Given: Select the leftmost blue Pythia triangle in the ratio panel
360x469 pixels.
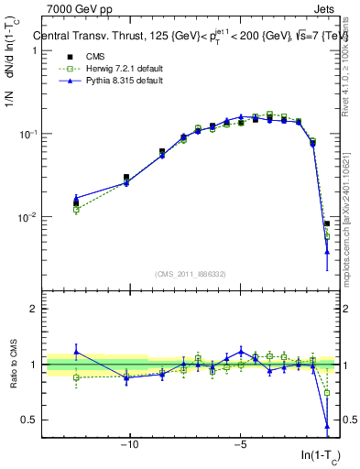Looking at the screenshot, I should (x=76, y=352).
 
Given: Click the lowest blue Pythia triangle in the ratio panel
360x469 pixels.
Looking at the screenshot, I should (x=327, y=426).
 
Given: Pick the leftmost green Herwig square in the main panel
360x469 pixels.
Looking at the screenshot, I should (x=76, y=210).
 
